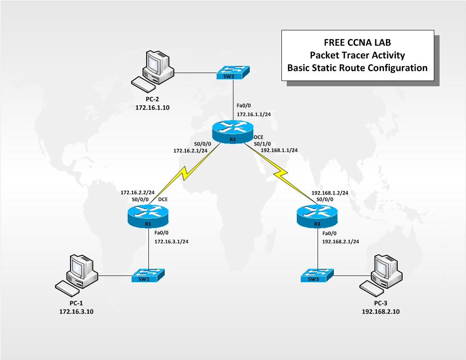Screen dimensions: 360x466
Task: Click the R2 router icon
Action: point(233,130)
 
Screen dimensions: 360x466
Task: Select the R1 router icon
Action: point(149,217)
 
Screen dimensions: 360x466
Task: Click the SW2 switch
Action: point(233,73)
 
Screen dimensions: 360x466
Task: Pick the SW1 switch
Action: point(149,276)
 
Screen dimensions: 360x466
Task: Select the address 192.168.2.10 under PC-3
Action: point(381,312)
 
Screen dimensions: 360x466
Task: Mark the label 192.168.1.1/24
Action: point(279,150)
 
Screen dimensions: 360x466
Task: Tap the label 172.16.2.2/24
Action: point(137,192)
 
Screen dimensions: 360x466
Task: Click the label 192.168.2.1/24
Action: point(340,242)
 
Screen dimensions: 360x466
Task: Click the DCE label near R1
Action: point(163,199)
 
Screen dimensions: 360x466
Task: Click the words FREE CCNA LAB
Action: point(357,43)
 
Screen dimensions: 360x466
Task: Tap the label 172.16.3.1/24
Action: point(171,242)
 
